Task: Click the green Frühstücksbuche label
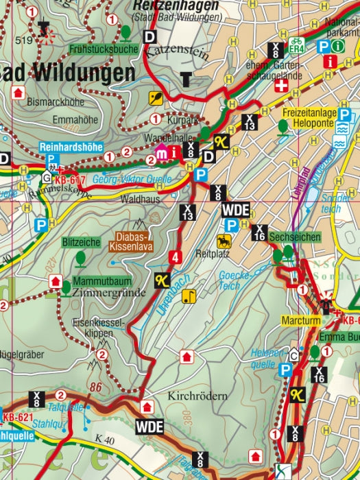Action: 104,49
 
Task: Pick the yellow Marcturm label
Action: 300,320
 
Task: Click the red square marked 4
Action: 176,258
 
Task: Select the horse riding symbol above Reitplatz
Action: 224,241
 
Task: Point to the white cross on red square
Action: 281,87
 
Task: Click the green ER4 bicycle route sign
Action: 296,46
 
